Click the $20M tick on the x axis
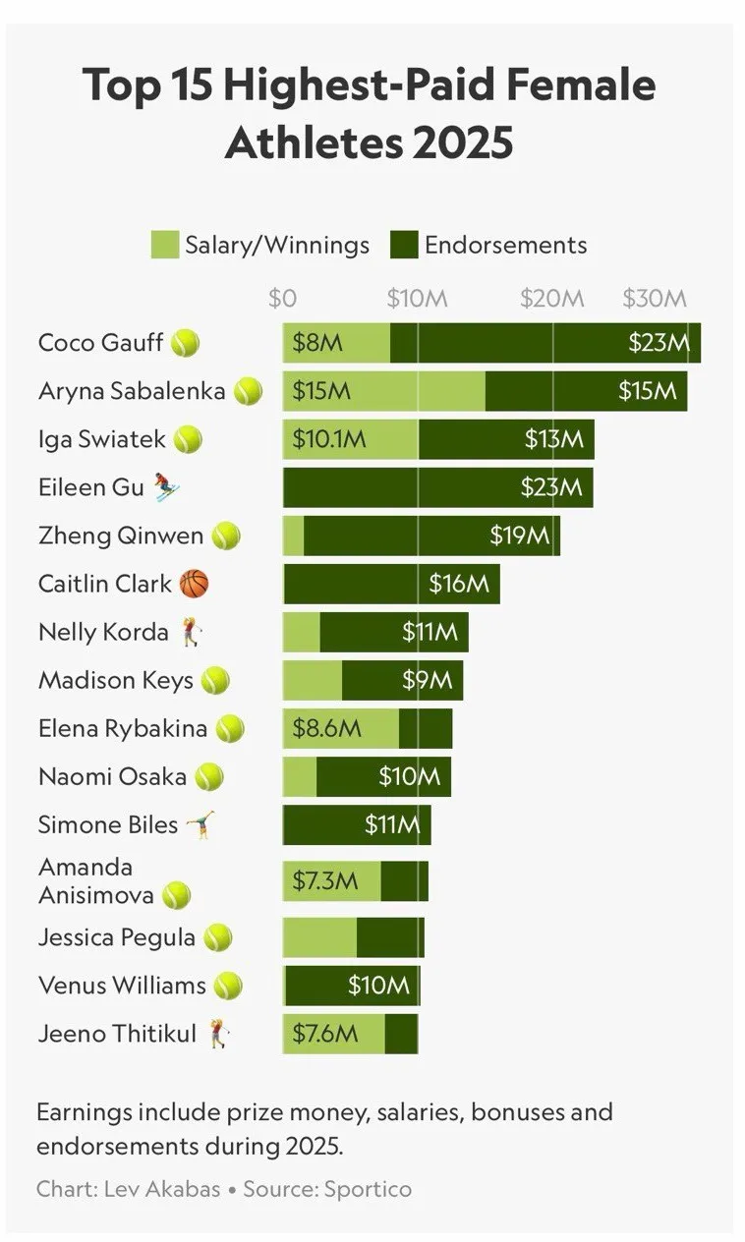click(551, 299)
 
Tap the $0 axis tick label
click(282, 299)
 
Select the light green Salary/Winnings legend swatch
click(164, 245)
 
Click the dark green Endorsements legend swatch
click(404, 245)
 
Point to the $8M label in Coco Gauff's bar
click(317, 343)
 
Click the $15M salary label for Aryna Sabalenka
click(321, 391)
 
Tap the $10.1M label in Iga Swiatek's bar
click(329, 439)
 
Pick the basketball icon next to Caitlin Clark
click(195, 584)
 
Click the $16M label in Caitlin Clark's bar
click(458, 584)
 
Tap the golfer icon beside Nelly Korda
click(190, 632)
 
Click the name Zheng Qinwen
click(121, 536)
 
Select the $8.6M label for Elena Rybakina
click(327, 729)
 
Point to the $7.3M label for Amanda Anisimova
click(325, 880)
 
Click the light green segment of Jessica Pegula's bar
click(319, 937)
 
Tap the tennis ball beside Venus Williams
click(228, 986)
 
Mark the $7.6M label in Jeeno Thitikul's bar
click(325, 1034)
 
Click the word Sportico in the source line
click(370, 1189)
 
